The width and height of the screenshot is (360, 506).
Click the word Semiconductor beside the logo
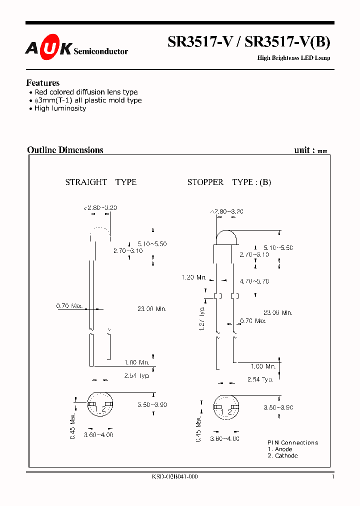pos(100,51)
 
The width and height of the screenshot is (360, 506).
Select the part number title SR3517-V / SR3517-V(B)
pos(248,43)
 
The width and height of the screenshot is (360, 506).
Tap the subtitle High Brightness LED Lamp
pos(293,58)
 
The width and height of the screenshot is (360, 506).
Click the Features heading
pos(42,83)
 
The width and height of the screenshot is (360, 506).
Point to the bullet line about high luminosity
pos(59,108)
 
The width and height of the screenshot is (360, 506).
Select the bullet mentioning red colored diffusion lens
pos(85,92)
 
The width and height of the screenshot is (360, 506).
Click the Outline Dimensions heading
pos(65,150)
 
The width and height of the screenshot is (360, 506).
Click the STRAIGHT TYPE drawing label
pos(100,182)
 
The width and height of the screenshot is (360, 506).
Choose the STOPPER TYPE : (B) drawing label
pos(229,182)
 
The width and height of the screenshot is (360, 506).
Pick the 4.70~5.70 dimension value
pos(254,281)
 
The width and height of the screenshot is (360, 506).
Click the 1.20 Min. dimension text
pos(194,277)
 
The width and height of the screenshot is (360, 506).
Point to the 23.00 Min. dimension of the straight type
pos(151,309)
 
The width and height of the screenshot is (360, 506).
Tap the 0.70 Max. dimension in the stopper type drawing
pos(253,320)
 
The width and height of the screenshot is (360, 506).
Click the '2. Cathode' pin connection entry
pos(282,455)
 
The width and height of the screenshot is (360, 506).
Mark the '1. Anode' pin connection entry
pos(280,449)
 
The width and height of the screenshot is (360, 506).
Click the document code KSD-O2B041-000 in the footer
pos(174,476)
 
